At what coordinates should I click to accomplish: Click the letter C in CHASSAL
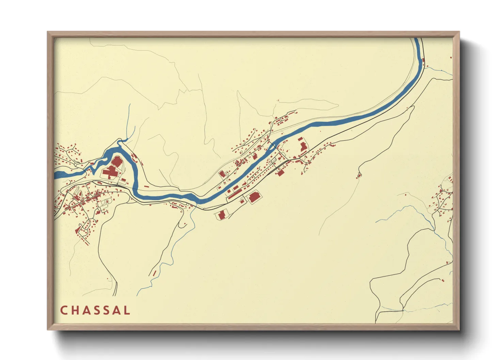[64, 310]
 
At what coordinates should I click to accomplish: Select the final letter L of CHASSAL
[127, 310]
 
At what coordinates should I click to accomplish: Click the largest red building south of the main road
[254, 197]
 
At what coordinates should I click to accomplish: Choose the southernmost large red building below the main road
[222, 215]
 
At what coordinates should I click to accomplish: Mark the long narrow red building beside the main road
[234, 194]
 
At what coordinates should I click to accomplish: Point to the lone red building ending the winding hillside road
[359, 176]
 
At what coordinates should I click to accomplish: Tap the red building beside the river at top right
[424, 61]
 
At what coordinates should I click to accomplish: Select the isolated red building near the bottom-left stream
[154, 273]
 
